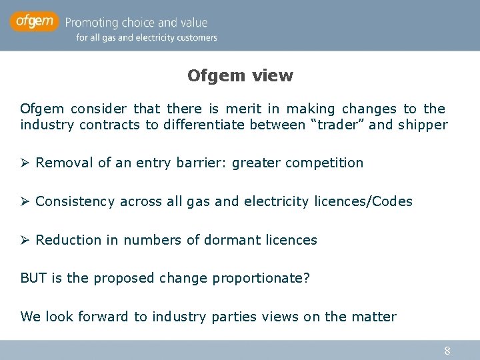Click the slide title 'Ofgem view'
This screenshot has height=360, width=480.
(240, 75)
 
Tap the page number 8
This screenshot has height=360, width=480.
(447, 350)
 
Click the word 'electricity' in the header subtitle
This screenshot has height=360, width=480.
(157, 38)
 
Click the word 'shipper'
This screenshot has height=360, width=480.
(422, 125)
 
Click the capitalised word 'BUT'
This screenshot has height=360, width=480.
(33, 278)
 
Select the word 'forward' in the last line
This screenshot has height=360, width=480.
(103, 317)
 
